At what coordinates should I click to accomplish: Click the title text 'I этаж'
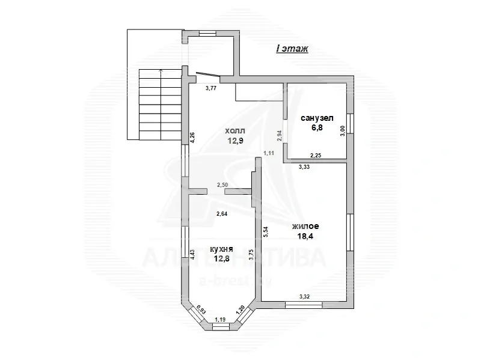tap(292, 49)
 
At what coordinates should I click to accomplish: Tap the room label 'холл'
tap(235, 130)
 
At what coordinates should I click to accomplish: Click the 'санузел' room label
tap(316, 118)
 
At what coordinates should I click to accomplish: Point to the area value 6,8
tap(316, 128)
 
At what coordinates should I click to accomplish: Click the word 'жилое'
tap(305, 227)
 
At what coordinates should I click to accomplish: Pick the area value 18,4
tap(305, 237)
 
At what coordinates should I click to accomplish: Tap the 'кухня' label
tap(221, 248)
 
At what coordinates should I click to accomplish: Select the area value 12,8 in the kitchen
tap(221, 259)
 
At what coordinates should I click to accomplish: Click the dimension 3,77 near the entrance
tap(211, 88)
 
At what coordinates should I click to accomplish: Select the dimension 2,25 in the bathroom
tap(316, 155)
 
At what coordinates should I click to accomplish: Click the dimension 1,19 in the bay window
tap(221, 320)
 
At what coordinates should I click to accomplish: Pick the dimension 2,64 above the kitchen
tap(222, 213)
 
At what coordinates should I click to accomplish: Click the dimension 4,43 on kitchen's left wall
tap(192, 255)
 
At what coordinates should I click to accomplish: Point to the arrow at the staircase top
tap(160, 72)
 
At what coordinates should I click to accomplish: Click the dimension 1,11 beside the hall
tap(269, 153)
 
